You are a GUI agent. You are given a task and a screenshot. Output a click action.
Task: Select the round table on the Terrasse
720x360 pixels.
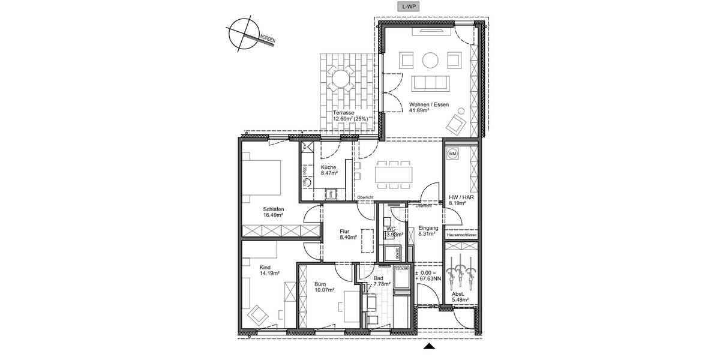340,78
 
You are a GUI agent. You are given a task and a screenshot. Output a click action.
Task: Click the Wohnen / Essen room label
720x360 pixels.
428,107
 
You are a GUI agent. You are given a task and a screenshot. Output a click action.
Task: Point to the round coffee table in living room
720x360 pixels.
430,60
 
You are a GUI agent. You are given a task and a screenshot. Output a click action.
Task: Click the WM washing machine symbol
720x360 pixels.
452,154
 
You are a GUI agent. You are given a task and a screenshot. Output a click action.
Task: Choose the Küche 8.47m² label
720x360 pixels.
329,170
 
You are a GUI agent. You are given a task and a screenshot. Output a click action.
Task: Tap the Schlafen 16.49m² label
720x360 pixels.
273,212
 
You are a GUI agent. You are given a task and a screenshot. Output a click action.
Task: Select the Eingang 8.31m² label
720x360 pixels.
428,232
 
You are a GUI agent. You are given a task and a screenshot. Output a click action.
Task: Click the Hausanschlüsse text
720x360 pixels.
461,235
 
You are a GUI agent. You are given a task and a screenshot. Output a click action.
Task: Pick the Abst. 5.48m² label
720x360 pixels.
461,297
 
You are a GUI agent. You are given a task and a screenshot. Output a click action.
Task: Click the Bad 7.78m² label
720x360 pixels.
383,281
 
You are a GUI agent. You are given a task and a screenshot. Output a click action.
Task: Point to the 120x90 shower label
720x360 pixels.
401,268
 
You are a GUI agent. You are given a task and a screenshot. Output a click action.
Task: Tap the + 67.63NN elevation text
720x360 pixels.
429,279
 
